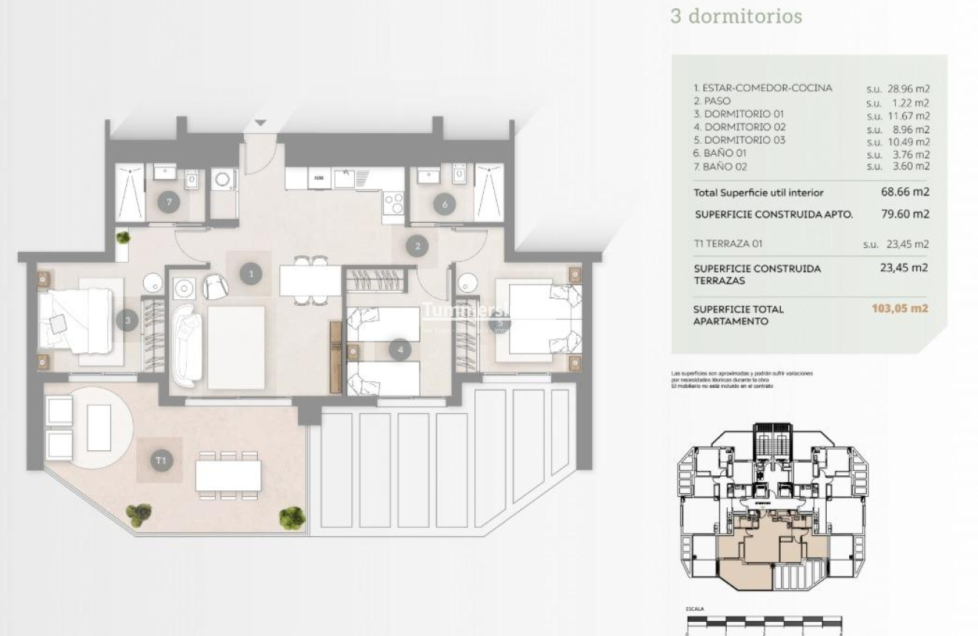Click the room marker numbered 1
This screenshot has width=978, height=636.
click(x=252, y=274)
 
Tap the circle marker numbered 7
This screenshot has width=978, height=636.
click(x=170, y=202)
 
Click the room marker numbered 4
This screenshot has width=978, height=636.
click(x=400, y=349)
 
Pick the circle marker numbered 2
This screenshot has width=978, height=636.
click(x=418, y=247)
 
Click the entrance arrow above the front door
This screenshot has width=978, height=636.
click(x=260, y=123)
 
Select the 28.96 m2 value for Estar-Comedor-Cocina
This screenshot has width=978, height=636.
click(x=908, y=88)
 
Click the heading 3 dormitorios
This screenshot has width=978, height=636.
click(x=736, y=16)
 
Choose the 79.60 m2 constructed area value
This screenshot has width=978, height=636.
click(x=908, y=214)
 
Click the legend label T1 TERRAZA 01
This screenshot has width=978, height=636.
click(x=728, y=244)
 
